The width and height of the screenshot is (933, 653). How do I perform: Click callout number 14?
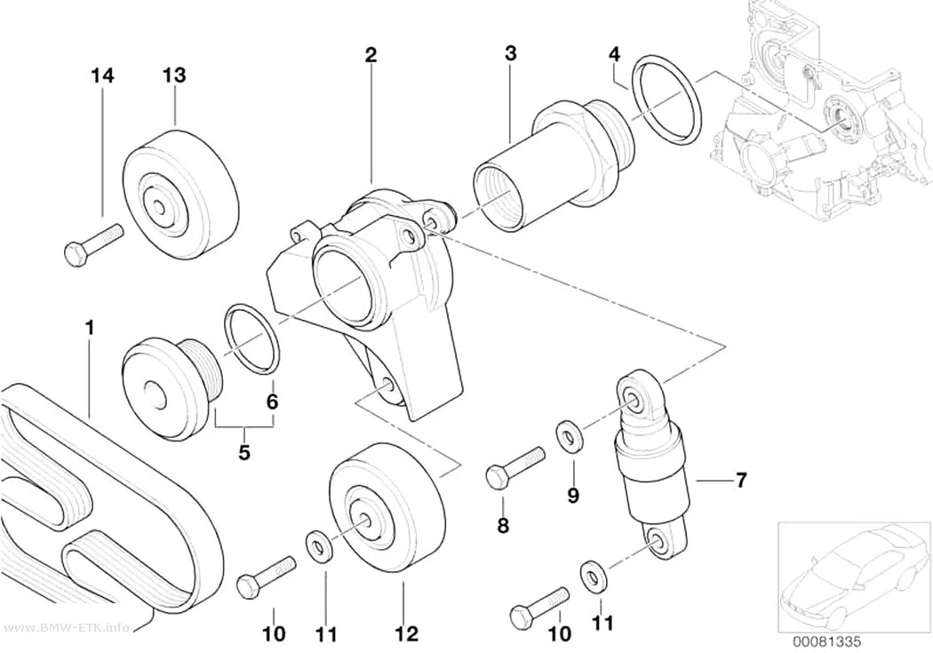[102, 76]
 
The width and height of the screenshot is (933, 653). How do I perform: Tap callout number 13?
[174, 75]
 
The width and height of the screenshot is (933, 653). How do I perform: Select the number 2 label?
[371, 55]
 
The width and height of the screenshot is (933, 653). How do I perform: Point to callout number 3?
[511, 53]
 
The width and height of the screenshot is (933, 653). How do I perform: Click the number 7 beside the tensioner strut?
[741, 480]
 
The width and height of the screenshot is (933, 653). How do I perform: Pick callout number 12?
[407, 634]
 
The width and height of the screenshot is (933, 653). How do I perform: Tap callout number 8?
[504, 525]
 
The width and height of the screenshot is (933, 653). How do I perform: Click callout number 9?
[573, 495]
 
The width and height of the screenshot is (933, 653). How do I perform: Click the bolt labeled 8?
[515, 466]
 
